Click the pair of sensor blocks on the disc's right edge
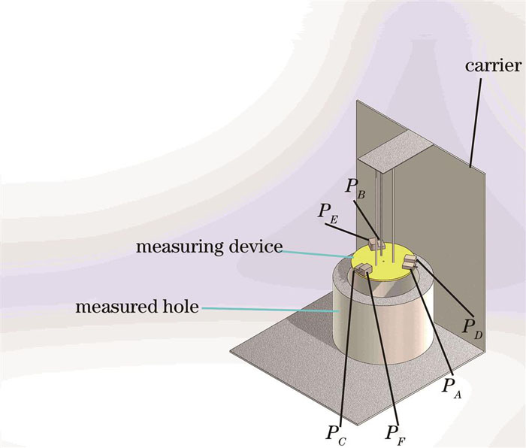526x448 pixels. click(x=410, y=262)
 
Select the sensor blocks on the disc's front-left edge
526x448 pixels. click(x=364, y=269)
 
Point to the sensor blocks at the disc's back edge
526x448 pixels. click(x=378, y=246)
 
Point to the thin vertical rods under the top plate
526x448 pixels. click(x=384, y=203)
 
